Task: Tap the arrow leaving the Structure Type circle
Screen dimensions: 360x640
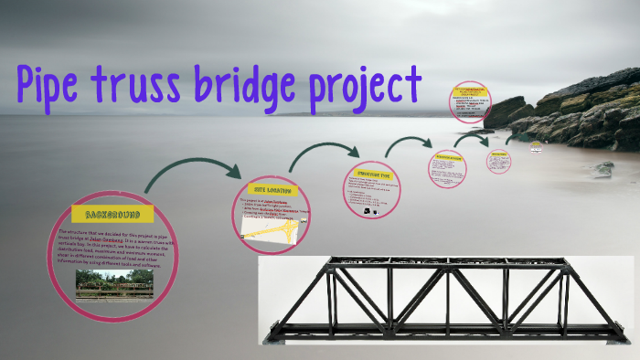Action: [407, 144]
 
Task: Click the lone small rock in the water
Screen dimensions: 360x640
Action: [603, 169]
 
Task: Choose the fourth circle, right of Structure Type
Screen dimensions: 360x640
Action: [448, 168]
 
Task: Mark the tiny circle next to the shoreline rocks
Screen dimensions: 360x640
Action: [499, 161]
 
